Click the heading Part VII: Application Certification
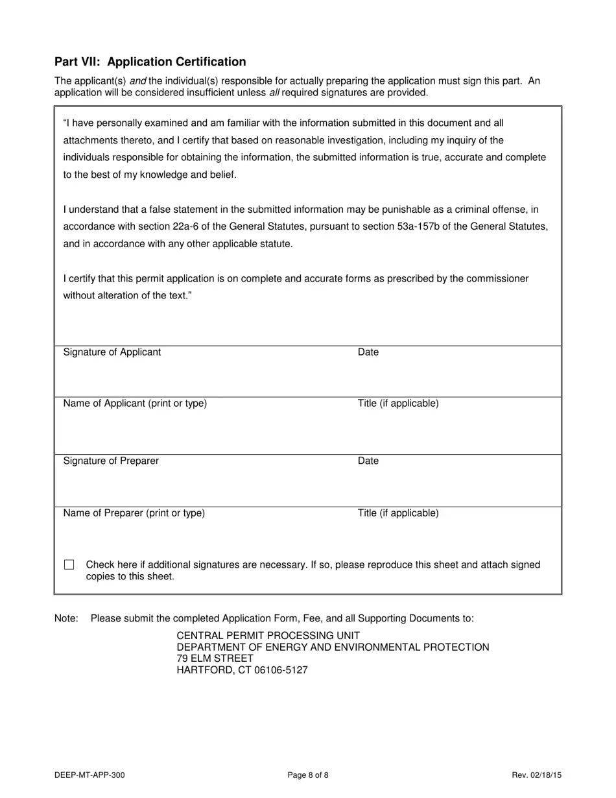[x=150, y=62]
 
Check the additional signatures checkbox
[x=69, y=565]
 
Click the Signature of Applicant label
[x=112, y=352]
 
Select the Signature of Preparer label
[x=111, y=461]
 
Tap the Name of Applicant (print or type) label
[x=135, y=404]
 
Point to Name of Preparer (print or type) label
[x=134, y=513]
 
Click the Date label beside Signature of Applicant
[x=368, y=352]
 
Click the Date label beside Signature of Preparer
[x=368, y=461]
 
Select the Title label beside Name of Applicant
[x=398, y=404]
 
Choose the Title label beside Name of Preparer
[x=398, y=513]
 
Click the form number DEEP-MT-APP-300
[x=90, y=775]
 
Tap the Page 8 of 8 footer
[x=308, y=775]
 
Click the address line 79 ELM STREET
[x=215, y=659]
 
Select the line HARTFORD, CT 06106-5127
[x=242, y=670]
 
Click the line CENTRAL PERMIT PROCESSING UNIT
[x=268, y=636]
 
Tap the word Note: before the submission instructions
[x=67, y=618]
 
